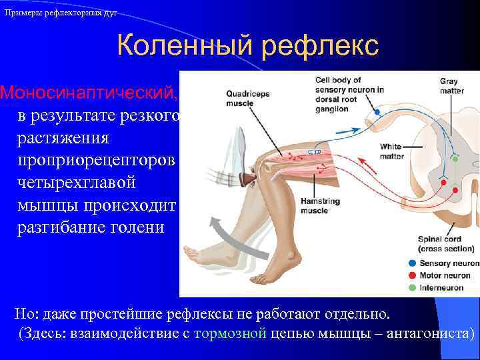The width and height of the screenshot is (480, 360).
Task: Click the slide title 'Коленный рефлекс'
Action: tap(247, 46)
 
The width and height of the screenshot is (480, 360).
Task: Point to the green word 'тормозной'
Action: tap(230, 334)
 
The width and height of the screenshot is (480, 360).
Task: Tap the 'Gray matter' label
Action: tap(451, 87)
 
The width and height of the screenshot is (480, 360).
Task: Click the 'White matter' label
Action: tap(391, 151)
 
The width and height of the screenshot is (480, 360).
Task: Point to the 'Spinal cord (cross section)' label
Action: tap(445, 244)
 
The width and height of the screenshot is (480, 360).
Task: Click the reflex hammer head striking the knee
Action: tap(250, 177)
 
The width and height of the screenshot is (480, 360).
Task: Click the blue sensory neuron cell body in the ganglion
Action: tap(377, 113)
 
